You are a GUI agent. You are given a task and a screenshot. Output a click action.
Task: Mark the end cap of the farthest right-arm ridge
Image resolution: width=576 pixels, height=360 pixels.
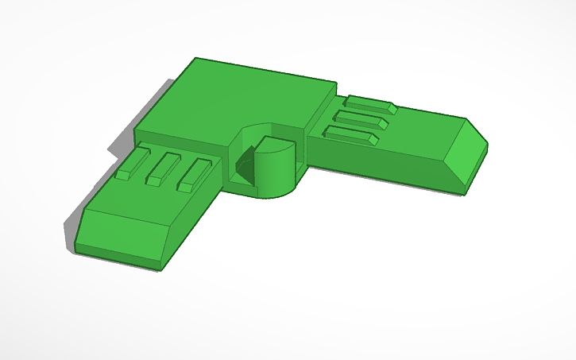(x=392, y=107)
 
